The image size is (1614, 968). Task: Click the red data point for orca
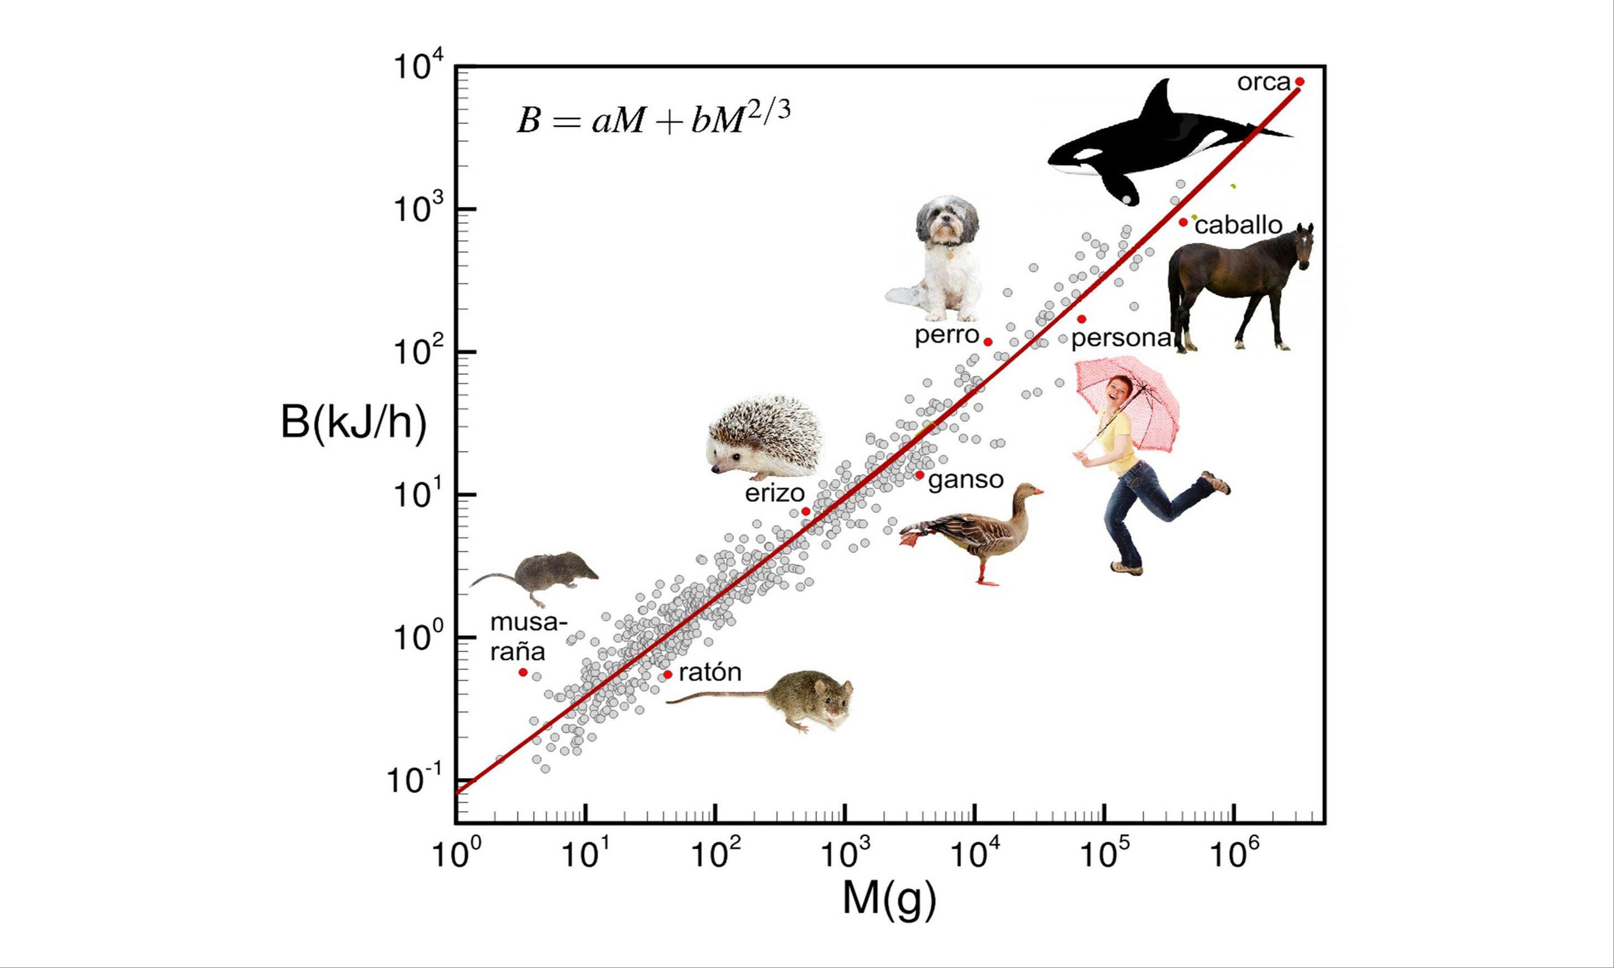[1299, 82]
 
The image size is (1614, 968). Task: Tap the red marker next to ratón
[667, 674]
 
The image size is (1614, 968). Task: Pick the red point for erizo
[806, 511]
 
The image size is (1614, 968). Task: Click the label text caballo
[1238, 225]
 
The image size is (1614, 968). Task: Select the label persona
[1121, 338]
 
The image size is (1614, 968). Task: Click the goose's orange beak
[1035, 491]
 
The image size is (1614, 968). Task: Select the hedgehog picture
[764, 436]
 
